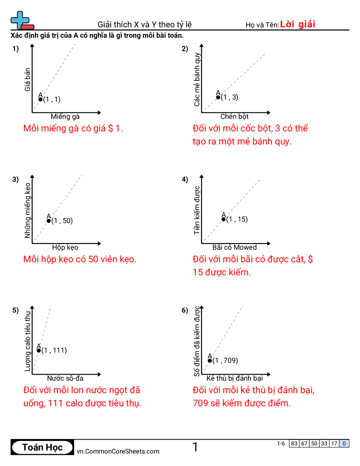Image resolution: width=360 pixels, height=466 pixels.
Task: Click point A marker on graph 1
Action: [x=40, y=99]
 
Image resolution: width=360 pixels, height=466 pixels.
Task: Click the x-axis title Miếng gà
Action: [x=65, y=116]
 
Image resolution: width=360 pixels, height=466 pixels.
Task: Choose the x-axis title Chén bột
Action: [x=234, y=116]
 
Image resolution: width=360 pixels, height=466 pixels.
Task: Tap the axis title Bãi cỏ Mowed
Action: [x=234, y=247]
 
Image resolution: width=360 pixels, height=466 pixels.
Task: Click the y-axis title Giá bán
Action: [x=27, y=79]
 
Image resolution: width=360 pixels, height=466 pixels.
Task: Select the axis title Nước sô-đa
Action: [x=65, y=378]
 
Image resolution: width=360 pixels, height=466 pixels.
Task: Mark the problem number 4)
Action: [x=185, y=179]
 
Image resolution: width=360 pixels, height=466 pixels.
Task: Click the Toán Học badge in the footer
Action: [x=42, y=447]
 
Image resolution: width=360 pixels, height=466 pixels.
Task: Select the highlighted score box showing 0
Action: [x=344, y=443]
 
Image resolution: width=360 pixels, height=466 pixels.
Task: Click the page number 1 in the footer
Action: [x=195, y=447]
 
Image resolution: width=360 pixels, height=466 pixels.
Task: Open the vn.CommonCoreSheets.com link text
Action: [x=118, y=451]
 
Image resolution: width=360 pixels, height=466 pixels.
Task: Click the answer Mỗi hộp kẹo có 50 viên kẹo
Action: [x=80, y=259]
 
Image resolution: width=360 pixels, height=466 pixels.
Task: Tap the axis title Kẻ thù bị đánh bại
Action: [x=234, y=378]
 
